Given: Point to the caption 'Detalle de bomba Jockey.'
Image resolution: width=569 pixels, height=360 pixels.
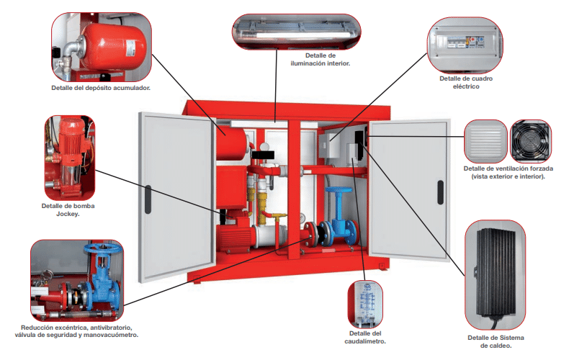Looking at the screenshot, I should [x=68, y=210].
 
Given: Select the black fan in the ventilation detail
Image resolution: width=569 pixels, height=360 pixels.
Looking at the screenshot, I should [x=532, y=141].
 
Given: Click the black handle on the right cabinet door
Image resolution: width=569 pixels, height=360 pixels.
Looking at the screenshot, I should [x=439, y=192].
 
